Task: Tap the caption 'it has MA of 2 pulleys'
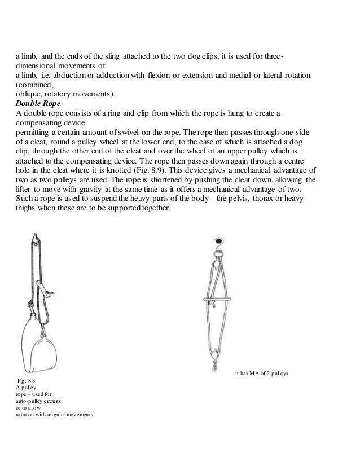click(261, 373)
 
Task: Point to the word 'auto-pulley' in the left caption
click(30, 401)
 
